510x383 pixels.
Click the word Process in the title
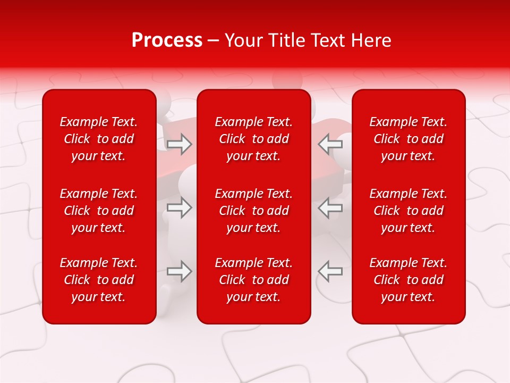click(x=167, y=40)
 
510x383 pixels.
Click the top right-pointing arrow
click(x=180, y=144)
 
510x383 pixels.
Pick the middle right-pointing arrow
click(x=180, y=207)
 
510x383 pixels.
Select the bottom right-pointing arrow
click(x=180, y=271)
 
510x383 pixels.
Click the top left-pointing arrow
click(x=330, y=144)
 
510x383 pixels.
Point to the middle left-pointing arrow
click(x=330, y=207)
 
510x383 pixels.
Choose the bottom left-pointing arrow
click(x=330, y=271)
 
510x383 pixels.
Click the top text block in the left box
click(x=99, y=139)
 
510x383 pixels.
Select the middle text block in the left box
click(x=99, y=211)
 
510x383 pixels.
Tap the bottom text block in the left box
click(x=99, y=280)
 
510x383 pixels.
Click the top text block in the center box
click(x=254, y=139)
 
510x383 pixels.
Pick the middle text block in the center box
click(x=254, y=211)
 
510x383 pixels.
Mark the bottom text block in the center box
click(x=254, y=280)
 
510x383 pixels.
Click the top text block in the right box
click(x=409, y=139)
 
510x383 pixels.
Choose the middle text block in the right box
click(x=409, y=211)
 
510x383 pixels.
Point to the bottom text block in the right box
click(x=409, y=280)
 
